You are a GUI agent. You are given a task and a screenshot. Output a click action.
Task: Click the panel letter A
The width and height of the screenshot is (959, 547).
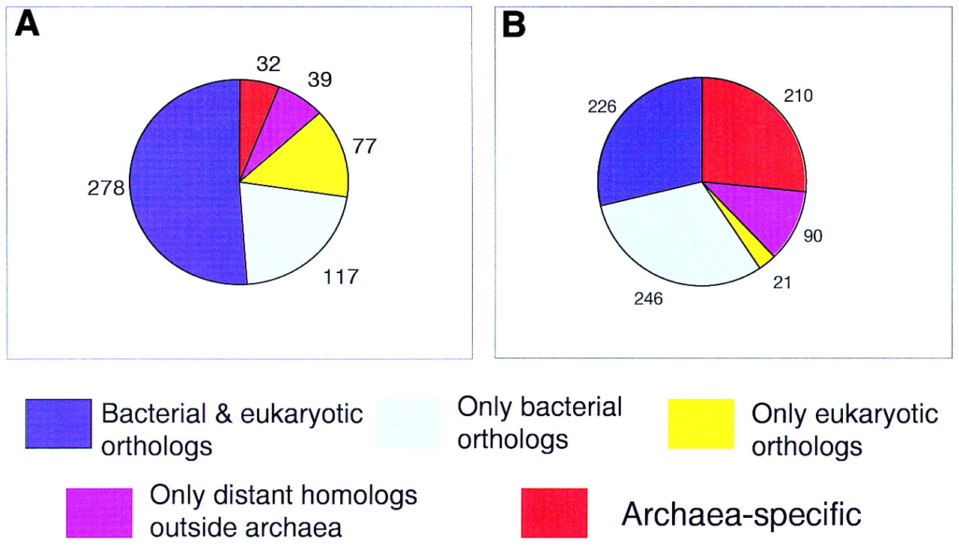(x=28, y=25)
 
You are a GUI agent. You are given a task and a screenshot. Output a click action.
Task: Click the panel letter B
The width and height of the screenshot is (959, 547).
(x=514, y=25)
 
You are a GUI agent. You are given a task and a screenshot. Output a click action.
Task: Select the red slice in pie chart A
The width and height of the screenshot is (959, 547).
(x=255, y=111)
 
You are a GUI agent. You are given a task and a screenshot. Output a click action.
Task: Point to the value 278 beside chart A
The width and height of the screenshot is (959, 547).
(x=106, y=188)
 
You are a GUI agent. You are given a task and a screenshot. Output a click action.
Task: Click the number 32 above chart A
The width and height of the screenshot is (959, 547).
(x=268, y=64)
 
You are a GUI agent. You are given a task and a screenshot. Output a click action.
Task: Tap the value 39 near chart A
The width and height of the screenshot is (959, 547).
(x=320, y=79)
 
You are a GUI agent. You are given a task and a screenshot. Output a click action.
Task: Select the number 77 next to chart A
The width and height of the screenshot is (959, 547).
(x=364, y=146)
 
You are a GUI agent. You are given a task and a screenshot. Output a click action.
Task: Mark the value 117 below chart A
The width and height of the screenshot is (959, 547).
(x=341, y=277)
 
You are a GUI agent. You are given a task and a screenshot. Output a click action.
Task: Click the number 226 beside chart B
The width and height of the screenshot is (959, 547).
(x=602, y=106)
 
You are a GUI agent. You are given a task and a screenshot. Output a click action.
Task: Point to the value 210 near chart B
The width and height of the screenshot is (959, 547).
(x=798, y=96)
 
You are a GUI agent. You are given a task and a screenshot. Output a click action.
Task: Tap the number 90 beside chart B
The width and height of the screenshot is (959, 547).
(x=813, y=236)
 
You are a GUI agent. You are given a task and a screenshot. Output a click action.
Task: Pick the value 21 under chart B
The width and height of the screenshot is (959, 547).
(x=782, y=283)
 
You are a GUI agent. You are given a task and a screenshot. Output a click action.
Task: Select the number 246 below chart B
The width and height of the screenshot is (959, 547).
(x=648, y=299)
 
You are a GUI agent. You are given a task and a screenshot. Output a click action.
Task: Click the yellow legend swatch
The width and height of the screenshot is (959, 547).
(x=701, y=424)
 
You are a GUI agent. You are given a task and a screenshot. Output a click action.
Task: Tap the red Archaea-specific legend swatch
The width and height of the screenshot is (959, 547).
(x=554, y=513)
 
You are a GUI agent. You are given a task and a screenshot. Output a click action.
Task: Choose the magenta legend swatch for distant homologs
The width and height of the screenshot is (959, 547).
(x=99, y=513)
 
